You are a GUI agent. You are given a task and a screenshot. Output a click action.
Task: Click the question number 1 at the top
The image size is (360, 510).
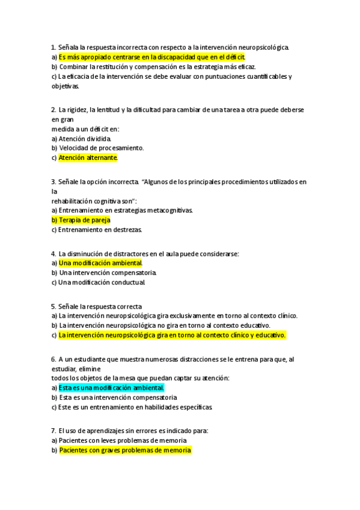click(53, 47)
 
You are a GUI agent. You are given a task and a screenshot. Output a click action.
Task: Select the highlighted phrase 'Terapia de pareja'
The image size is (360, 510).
click(84, 220)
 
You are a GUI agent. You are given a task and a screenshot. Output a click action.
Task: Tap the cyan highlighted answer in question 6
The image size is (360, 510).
click(111, 388)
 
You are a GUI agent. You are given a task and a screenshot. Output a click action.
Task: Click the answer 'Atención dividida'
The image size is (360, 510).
click(85, 138)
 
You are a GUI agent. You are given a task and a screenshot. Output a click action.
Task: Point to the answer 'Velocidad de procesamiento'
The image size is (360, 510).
click(101, 148)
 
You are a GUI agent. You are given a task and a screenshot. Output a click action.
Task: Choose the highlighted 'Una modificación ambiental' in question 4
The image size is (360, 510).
click(100, 263)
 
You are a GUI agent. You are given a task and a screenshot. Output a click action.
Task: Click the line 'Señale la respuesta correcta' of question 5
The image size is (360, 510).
click(100, 306)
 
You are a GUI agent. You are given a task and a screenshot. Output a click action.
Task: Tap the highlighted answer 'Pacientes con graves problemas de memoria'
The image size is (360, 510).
click(125, 450)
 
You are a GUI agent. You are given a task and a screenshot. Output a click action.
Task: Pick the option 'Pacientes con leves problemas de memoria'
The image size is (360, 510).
click(123, 440)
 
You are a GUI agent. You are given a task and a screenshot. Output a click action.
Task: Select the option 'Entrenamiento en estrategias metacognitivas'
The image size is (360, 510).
click(126, 210)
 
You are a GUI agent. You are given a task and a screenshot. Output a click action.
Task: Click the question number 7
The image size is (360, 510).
click(53, 431)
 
